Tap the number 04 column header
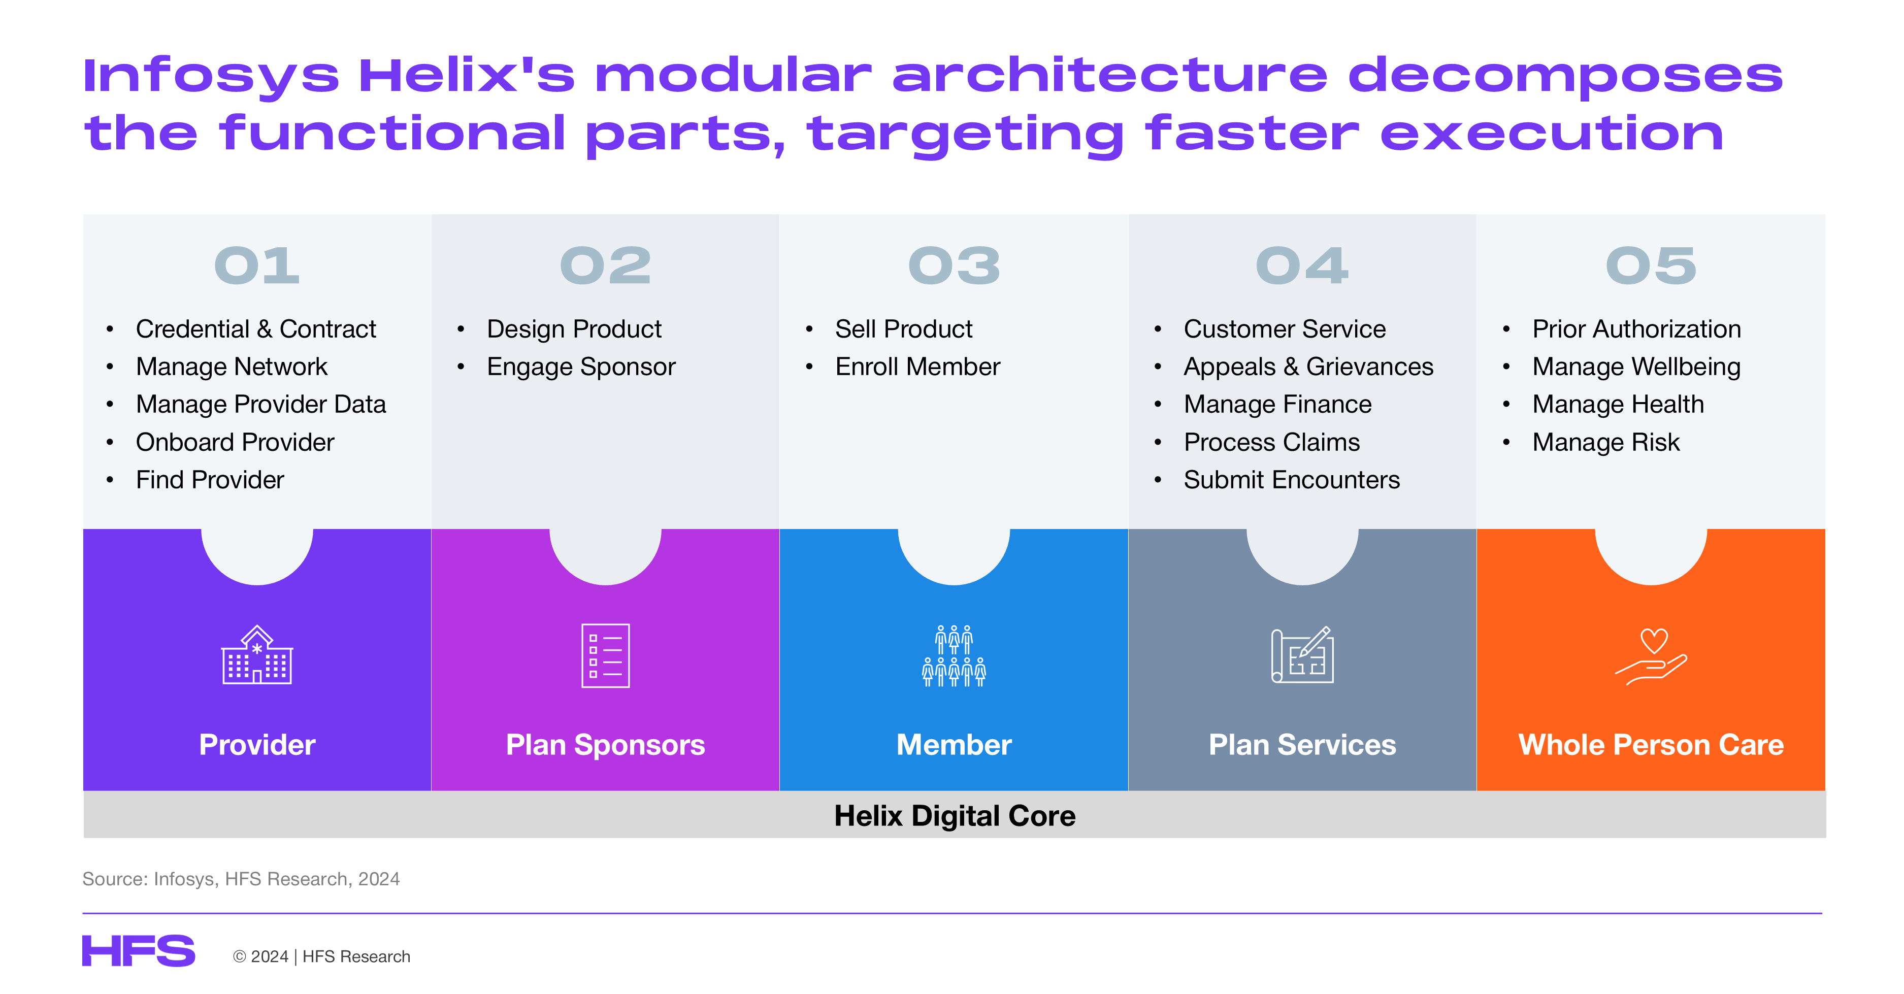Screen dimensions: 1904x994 click(1302, 266)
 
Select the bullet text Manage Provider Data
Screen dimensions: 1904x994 click(261, 404)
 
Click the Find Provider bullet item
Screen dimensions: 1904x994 click(210, 480)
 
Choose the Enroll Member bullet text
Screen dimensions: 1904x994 click(917, 367)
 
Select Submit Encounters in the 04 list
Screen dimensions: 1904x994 click(1291, 480)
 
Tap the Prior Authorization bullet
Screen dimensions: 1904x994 click(1636, 329)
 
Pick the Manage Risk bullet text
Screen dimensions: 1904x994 click(1605, 442)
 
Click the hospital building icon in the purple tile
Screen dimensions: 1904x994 click(257, 655)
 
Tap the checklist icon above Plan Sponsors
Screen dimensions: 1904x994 click(605, 655)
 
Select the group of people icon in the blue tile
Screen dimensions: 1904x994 click(954, 655)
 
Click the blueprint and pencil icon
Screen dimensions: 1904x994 click(1302, 655)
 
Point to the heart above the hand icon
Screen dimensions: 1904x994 click(1654, 639)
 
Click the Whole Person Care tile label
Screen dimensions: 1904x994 click(1651, 745)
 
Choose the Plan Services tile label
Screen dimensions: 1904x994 click(1302, 745)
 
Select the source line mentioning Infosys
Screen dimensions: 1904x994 click(241, 879)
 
